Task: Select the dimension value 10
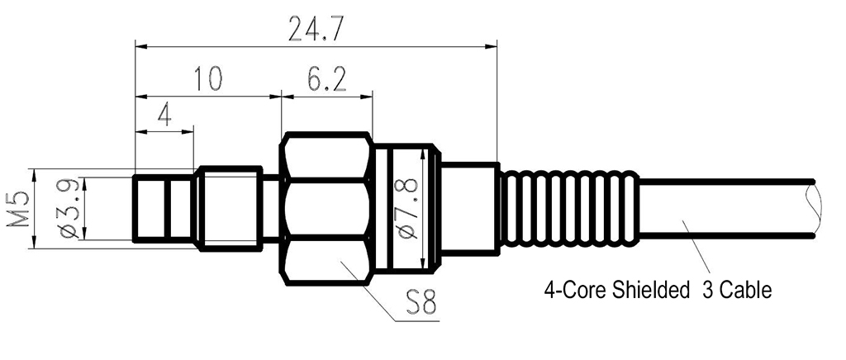pos(207,80)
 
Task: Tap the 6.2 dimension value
pos(326,80)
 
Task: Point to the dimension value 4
pos(164,115)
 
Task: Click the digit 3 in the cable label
pos(707,291)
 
